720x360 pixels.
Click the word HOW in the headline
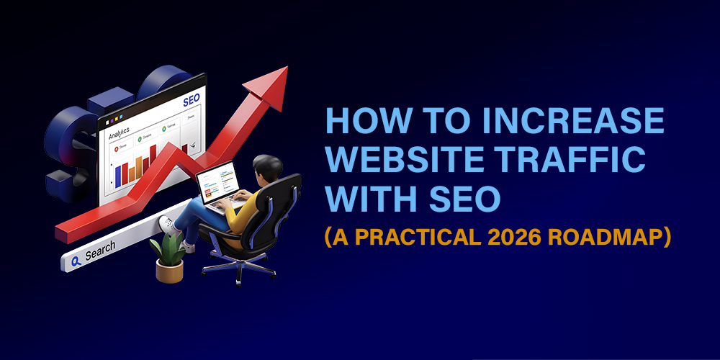(356, 122)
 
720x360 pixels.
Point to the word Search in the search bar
(100, 251)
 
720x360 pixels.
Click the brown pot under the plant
(169, 270)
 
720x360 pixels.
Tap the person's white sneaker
(166, 225)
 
